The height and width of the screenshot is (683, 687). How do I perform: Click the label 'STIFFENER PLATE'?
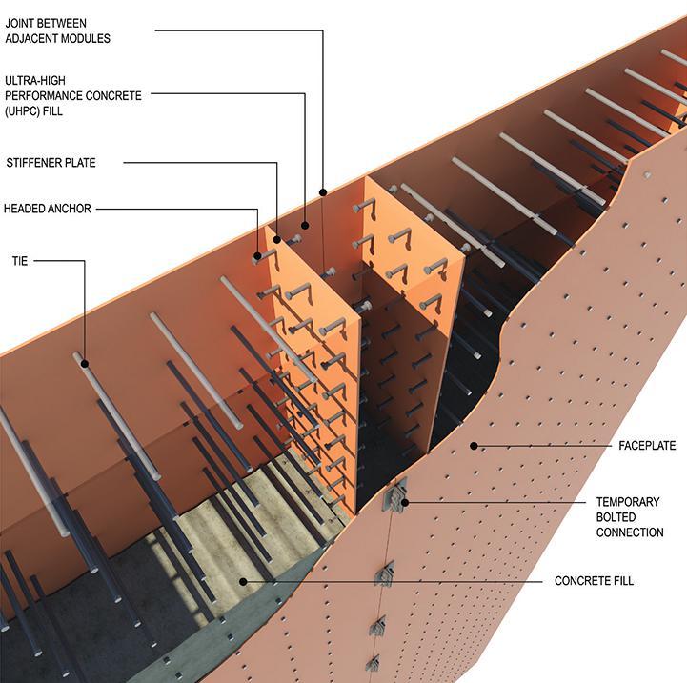pyautogui.click(x=50, y=162)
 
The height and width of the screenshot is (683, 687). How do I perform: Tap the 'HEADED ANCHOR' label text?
pyautogui.click(x=48, y=209)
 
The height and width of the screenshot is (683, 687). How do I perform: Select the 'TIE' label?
pyautogui.click(x=19, y=259)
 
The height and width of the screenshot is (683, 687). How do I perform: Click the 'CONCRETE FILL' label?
pyautogui.click(x=594, y=581)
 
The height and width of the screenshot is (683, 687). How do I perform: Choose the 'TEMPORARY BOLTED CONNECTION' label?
pyautogui.click(x=630, y=516)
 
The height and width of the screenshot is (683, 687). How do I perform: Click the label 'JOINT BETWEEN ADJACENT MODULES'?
pyautogui.click(x=57, y=31)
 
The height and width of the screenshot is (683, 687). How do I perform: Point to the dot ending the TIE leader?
pyautogui.click(x=85, y=362)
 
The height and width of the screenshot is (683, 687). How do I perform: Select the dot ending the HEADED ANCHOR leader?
pyautogui.click(x=256, y=255)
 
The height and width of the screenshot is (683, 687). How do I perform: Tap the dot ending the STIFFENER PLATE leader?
pyautogui.click(x=277, y=239)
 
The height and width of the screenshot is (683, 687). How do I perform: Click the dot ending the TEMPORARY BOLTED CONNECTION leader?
pyautogui.click(x=404, y=501)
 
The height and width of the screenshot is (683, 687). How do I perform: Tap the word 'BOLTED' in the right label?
pyautogui.click(x=617, y=516)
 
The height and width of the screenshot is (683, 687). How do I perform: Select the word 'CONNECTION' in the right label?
pyautogui.click(x=630, y=532)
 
